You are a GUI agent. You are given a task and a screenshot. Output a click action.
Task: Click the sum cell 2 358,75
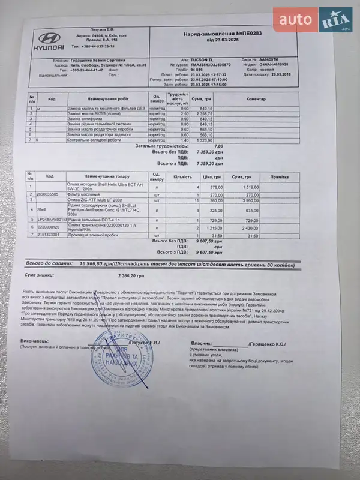coord(205,113)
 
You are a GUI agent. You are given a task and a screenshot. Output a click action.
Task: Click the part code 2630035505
coord(48,194)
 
